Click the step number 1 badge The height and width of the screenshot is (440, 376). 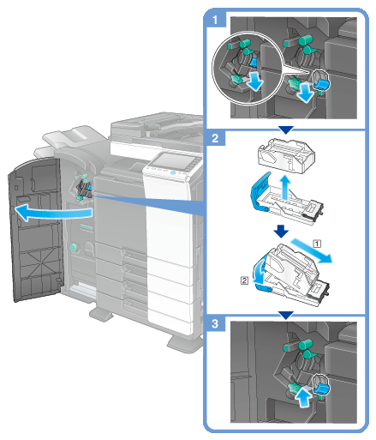click(215, 20)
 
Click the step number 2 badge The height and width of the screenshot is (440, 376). click(215, 138)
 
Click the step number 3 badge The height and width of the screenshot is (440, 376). click(215, 323)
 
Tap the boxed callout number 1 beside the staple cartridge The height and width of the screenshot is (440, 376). click(317, 244)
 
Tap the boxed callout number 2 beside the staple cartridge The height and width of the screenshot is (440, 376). click(244, 280)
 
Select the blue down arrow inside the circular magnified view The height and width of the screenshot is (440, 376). click(254, 81)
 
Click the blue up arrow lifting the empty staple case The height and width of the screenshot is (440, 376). click(284, 188)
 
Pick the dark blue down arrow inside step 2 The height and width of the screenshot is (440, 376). click(281, 231)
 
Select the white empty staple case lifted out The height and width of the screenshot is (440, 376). click(286, 155)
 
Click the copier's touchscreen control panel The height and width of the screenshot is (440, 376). click(171, 161)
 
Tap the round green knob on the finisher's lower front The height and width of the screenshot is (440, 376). click(74, 247)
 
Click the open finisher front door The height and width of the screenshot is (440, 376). click(36, 229)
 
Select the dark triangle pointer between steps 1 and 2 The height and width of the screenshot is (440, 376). click(286, 130)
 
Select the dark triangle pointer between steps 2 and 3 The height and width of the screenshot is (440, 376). click(286, 315)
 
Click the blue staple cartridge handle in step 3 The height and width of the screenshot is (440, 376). click(320, 389)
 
